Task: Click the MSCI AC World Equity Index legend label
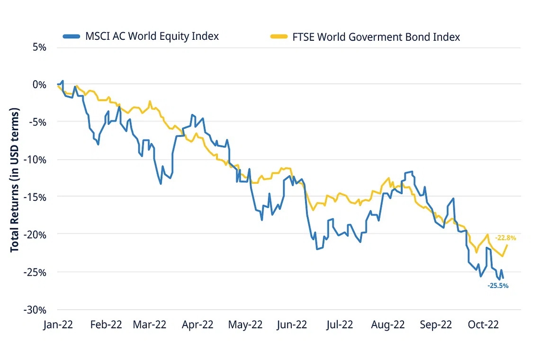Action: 152,36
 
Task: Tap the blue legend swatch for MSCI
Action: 72,36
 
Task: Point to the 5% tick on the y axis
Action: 39,47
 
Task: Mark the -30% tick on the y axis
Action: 36,310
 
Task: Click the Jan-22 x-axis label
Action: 59,324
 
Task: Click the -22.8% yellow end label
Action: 505,238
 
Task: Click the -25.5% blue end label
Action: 498,286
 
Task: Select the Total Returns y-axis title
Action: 15,180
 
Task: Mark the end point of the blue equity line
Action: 503,278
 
